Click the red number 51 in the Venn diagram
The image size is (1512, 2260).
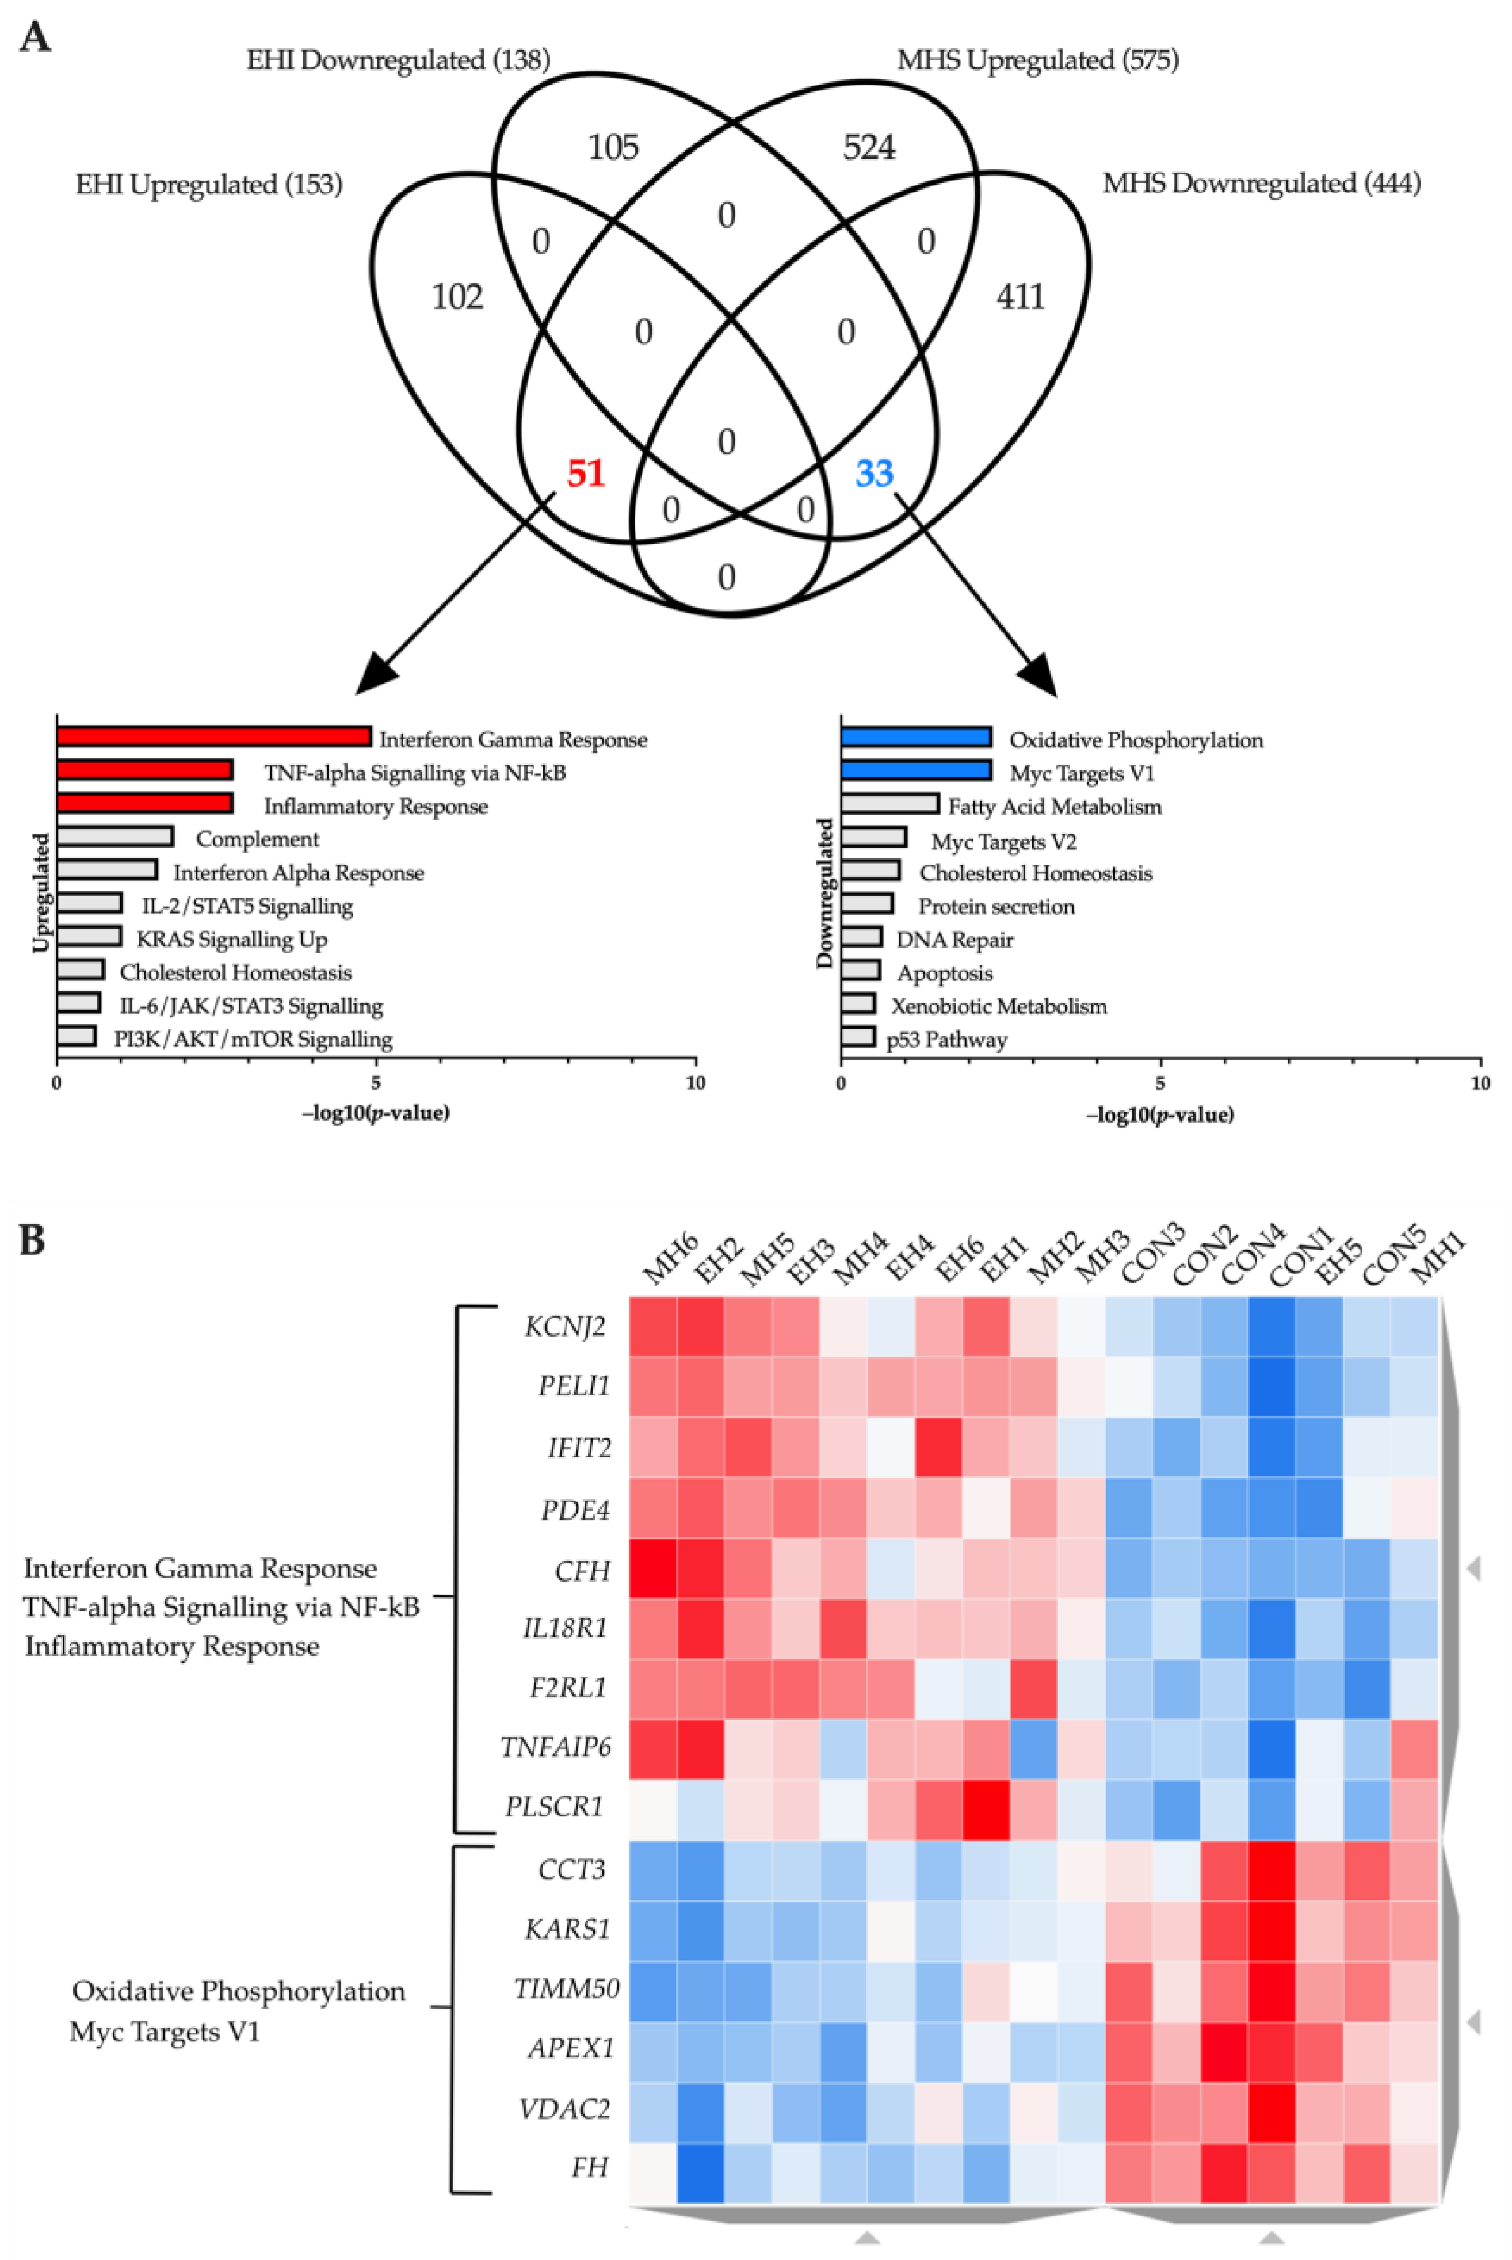[585, 474]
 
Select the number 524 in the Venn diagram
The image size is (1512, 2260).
[869, 147]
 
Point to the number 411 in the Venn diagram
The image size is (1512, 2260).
[1020, 296]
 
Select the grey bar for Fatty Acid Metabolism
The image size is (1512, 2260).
[889, 803]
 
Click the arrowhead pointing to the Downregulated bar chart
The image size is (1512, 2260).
[1041, 679]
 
